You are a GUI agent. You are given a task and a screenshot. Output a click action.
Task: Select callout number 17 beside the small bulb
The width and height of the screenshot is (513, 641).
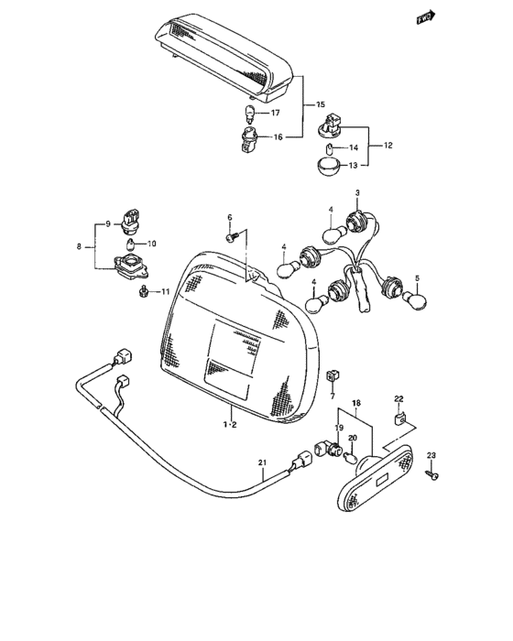pyautogui.click(x=276, y=114)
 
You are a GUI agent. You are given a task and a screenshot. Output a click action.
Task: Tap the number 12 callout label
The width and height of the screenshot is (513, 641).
pyautogui.click(x=387, y=146)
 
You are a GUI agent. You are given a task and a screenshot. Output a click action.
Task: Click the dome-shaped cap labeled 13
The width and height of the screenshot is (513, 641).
pyautogui.click(x=329, y=168)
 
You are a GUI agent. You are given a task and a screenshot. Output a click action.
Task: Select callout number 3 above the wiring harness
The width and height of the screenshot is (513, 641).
pyautogui.click(x=357, y=192)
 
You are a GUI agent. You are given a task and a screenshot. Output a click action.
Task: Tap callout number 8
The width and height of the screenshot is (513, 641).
pyautogui.click(x=80, y=246)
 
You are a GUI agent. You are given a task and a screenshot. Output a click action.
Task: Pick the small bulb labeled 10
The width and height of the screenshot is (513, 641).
pyautogui.click(x=130, y=244)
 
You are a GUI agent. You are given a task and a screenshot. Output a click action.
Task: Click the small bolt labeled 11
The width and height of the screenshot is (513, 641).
pyautogui.click(x=144, y=291)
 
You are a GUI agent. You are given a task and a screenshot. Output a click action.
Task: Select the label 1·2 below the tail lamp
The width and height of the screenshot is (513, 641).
pyautogui.click(x=229, y=425)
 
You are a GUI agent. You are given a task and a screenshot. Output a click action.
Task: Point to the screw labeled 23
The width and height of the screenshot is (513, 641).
pyautogui.click(x=433, y=475)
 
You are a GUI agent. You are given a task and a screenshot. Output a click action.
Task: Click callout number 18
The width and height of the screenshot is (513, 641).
pyautogui.click(x=356, y=401)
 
